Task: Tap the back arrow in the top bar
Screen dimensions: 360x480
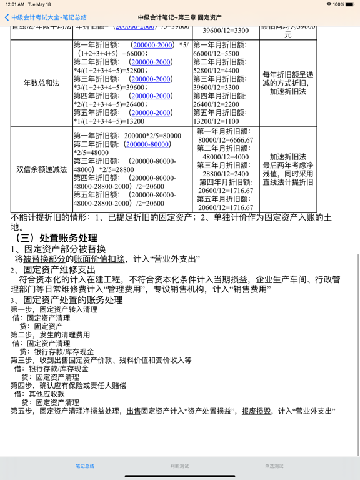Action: [x=6, y=17]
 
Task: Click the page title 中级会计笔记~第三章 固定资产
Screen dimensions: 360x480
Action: [x=180, y=17]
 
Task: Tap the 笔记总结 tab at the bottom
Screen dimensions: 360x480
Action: [x=85, y=466]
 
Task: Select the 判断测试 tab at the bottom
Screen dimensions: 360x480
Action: [x=179, y=466]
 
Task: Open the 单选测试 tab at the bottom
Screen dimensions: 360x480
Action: [x=274, y=466]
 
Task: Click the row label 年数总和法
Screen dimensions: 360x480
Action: [x=41, y=82]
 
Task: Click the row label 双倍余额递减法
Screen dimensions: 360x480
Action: [x=41, y=169]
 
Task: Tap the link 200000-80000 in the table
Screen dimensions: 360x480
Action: [x=147, y=144]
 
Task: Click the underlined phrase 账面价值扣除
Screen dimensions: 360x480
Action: [x=101, y=259]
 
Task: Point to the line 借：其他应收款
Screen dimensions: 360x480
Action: [x=39, y=394]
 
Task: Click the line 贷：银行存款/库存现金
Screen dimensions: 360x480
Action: [x=56, y=352]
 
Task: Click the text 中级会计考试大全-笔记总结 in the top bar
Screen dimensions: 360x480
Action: [x=49, y=17]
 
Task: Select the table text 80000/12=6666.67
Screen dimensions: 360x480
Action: [x=226, y=140]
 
